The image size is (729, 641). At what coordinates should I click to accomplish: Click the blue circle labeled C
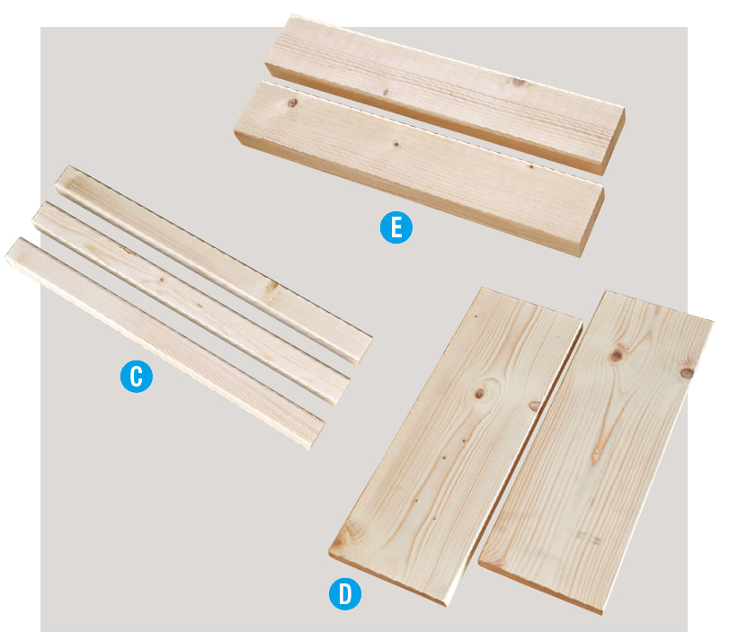click(137, 377)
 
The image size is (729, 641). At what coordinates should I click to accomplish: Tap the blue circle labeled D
click(345, 593)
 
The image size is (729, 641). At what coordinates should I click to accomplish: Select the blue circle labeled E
click(396, 227)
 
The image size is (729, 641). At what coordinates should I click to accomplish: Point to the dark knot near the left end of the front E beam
click(292, 102)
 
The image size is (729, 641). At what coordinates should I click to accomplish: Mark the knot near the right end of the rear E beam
click(519, 83)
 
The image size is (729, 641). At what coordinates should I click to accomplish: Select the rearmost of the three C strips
click(214, 264)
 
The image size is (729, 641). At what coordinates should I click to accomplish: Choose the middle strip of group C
click(191, 304)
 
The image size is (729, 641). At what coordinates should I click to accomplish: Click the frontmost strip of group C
click(165, 343)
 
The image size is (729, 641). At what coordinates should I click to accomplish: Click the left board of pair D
click(456, 446)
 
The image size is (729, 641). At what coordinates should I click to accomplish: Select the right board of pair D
click(596, 452)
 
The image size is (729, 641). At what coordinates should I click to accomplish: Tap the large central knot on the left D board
click(480, 393)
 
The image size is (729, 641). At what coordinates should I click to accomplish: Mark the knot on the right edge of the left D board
click(535, 405)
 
